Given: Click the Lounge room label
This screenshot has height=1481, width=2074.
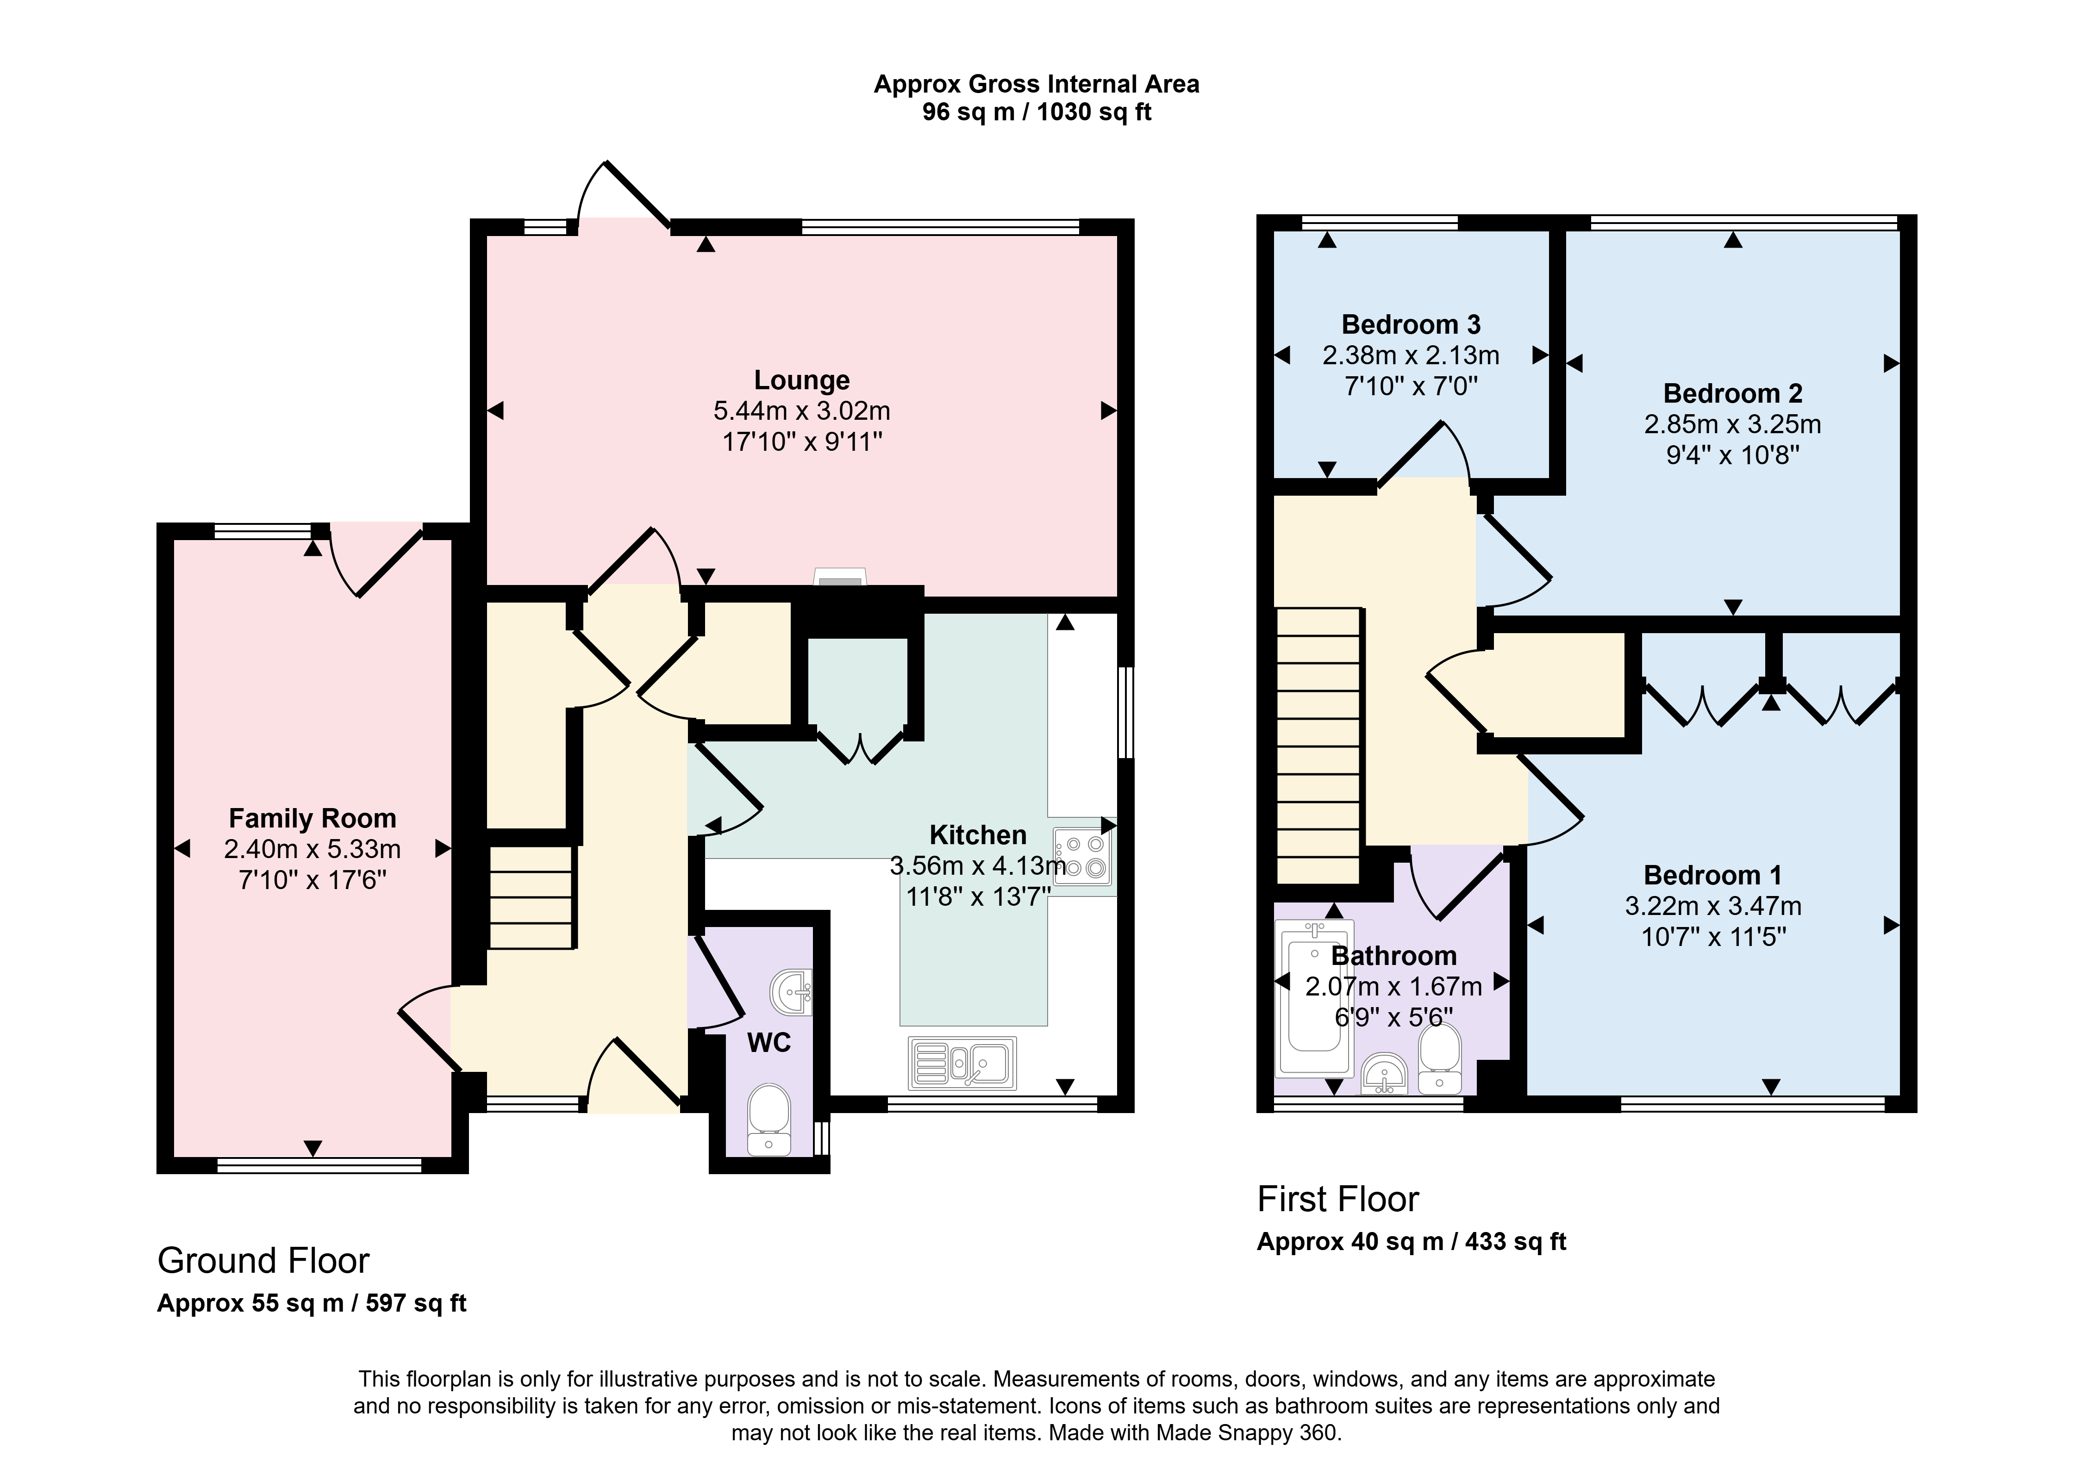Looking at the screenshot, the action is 802,380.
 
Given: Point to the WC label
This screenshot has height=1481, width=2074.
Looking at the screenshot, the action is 769,1042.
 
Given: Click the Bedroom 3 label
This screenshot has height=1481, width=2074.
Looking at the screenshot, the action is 1411,324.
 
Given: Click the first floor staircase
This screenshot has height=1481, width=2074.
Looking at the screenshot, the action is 1319,746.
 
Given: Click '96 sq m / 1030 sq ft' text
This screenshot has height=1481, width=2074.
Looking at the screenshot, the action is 1037,112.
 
